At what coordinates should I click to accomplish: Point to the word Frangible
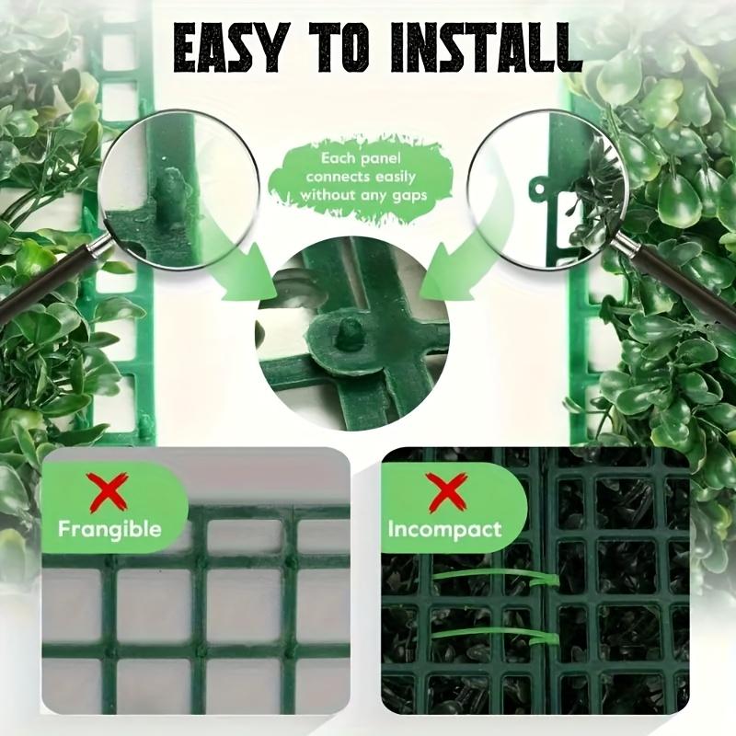tap(109, 529)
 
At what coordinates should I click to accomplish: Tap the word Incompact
tap(444, 530)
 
